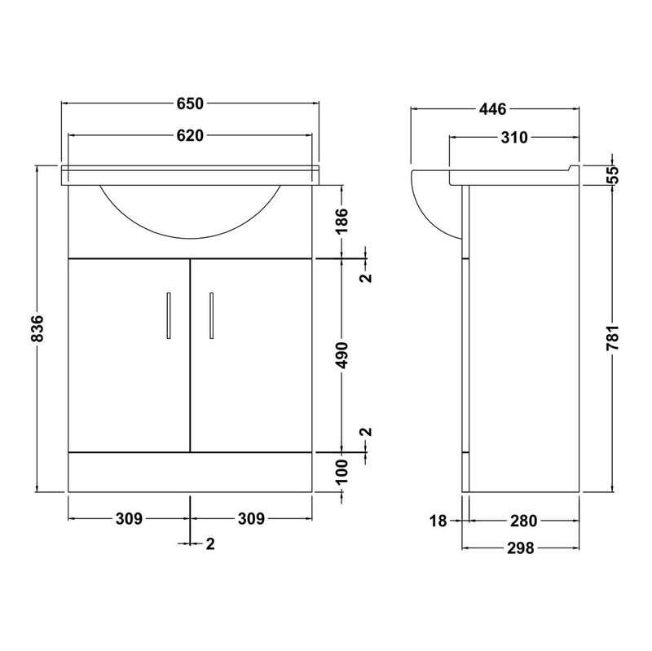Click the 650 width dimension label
pyautogui.click(x=190, y=103)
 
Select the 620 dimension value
pyautogui.click(x=190, y=135)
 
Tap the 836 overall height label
pyautogui.click(x=37, y=328)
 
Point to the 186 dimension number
pyautogui.click(x=342, y=220)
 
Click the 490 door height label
pyautogui.click(x=342, y=355)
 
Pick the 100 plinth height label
pyautogui.click(x=341, y=472)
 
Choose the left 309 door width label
pyautogui.click(x=129, y=519)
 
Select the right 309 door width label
pyautogui.click(x=251, y=519)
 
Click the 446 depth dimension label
pyautogui.click(x=493, y=109)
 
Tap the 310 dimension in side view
pyautogui.click(x=514, y=137)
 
